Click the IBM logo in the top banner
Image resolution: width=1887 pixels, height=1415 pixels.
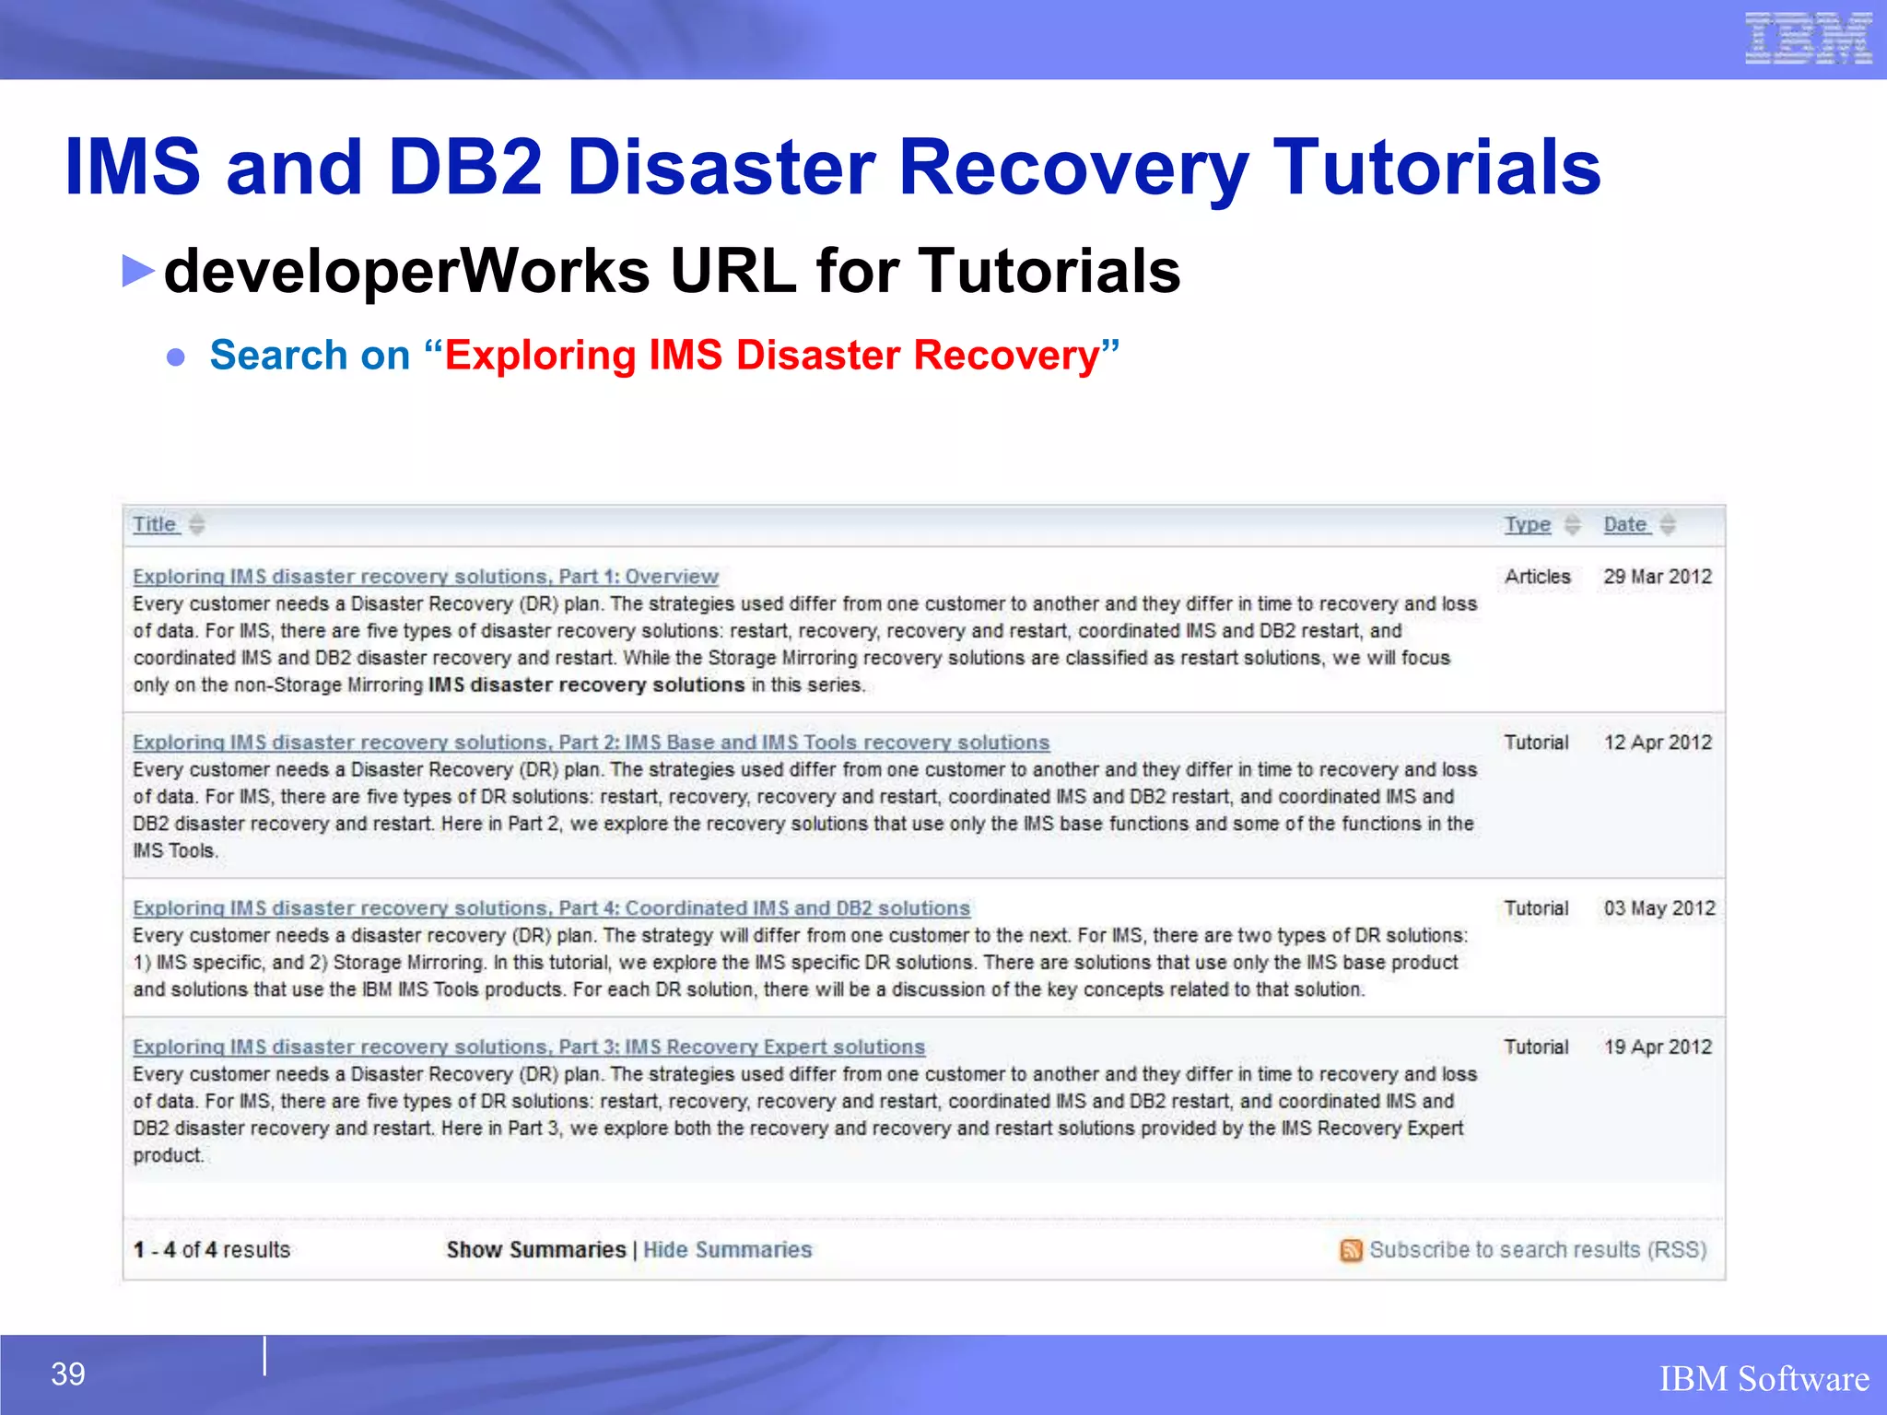[x=1807, y=39]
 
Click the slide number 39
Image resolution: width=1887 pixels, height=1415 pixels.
[x=68, y=1374]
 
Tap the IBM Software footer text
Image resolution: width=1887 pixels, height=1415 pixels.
[x=1764, y=1379]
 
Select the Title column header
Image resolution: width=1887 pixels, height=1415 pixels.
[x=154, y=524]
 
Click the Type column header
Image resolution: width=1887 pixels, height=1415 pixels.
[x=1527, y=524]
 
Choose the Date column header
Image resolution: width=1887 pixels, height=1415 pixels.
[x=1624, y=524]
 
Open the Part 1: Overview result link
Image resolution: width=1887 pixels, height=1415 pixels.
[x=425, y=577]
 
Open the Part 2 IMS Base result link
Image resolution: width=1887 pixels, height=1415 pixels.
[x=591, y=743]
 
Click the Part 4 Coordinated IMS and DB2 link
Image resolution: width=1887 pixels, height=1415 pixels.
[x=551, y=908]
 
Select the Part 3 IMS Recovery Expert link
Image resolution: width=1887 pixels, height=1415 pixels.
[x=528, y=1047]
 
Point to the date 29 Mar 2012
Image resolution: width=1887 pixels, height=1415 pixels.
[x=1657, y=577]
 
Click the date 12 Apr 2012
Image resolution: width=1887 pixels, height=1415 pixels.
[x=1657, y=743]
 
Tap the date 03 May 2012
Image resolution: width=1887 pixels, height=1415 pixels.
[x=1658, y=908]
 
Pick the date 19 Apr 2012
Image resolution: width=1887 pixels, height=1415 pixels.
[x=1657, y=1047]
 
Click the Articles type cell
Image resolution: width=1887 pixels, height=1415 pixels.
[x=1537, y=577]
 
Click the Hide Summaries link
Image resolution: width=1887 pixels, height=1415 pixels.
[x=727, y=1250]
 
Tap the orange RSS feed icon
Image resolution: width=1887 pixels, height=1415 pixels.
[x=1350, y=1250]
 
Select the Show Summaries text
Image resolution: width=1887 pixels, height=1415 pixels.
[x=535, y=1250]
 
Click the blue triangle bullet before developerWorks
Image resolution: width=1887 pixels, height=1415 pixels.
[x=138, y=271]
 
